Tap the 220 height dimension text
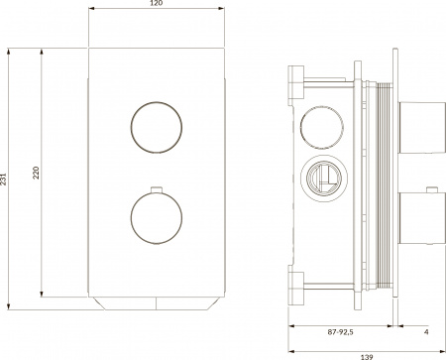[x=37, y=173]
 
